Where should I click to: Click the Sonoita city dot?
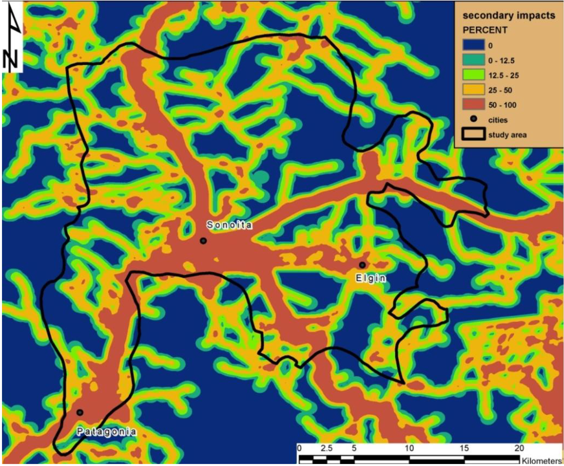pos(203,241)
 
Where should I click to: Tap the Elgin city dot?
pos(362,265)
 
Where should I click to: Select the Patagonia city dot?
pos(80,412)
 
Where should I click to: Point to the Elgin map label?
pos(371,278)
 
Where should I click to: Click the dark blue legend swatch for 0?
pos(473,45)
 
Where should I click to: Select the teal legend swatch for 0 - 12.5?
pos(473,60)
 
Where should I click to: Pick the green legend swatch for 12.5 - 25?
pos(473,75)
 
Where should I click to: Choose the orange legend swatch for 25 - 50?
pos(473,90)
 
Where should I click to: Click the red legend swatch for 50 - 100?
pos(473,104)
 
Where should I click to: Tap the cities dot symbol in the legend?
pos(474,119)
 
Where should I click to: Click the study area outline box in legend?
pos(473,134)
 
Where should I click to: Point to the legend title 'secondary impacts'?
pos(509,16)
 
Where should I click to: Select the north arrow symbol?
pos(11,38)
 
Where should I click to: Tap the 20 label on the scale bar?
pos(519,448)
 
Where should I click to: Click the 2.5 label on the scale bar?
pos(327,448)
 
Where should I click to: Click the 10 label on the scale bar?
pos(409,448)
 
